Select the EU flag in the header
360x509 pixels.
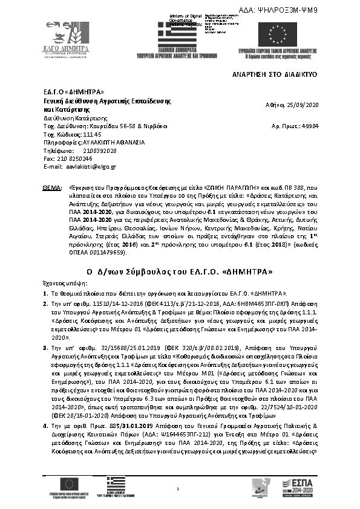tap(278, 34)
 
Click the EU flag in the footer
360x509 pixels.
tap(69, 482)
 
